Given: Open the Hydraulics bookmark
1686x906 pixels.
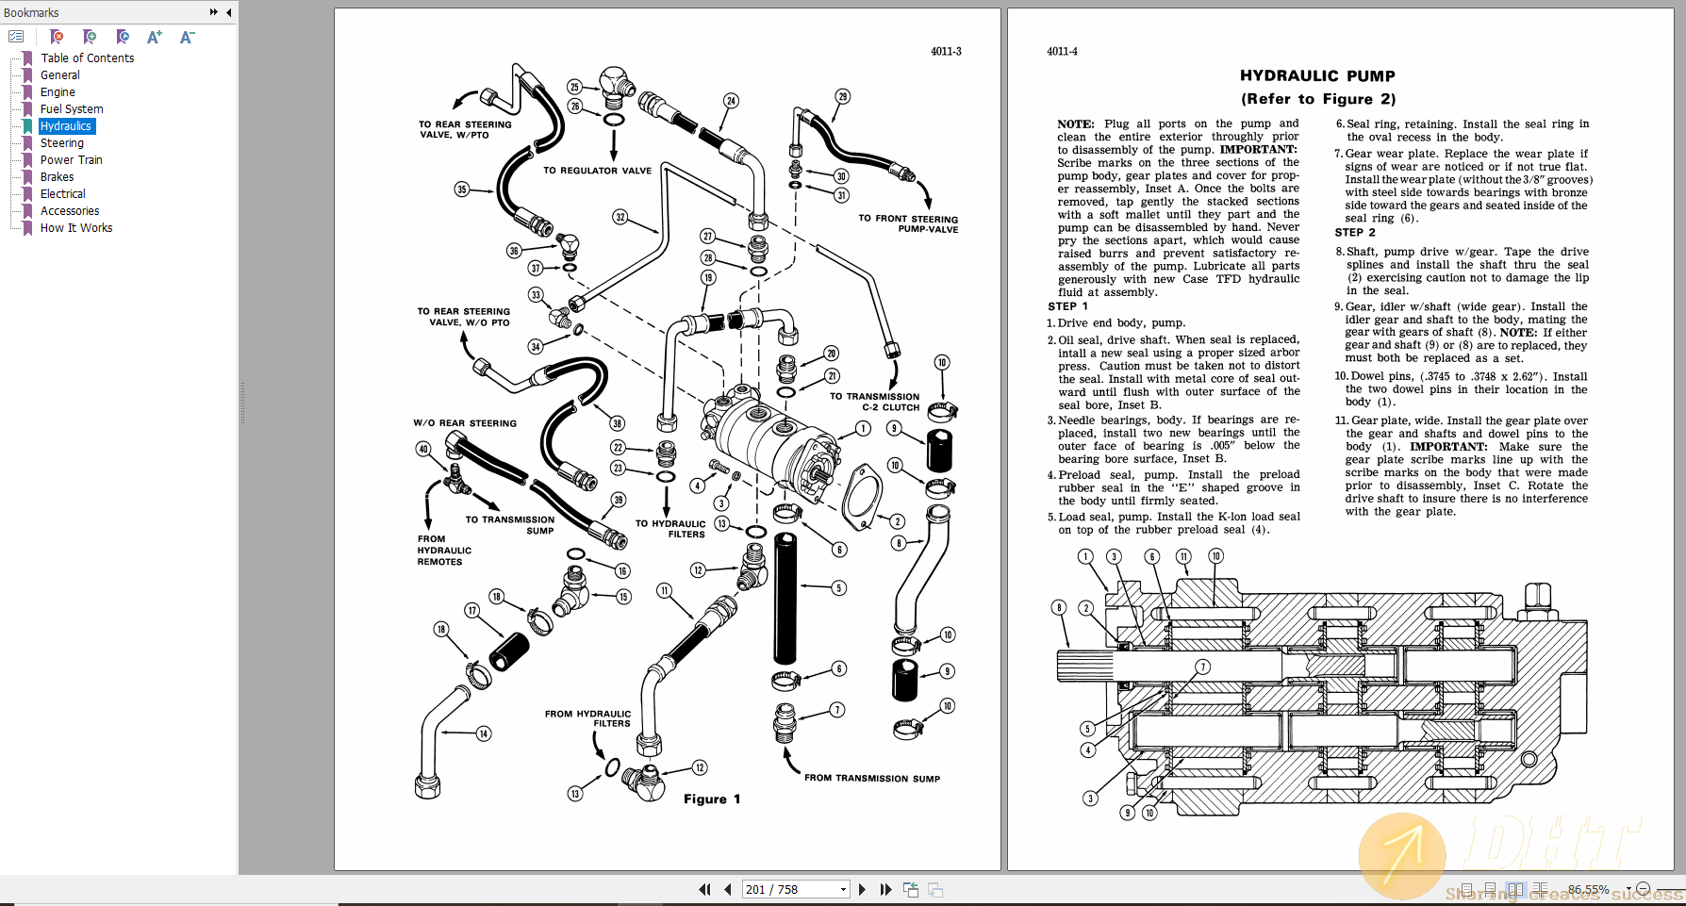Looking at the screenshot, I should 66,126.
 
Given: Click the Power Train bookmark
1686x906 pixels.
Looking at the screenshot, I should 71,160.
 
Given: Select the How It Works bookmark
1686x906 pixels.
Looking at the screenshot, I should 75,228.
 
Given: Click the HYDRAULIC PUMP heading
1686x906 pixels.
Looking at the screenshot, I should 1317,76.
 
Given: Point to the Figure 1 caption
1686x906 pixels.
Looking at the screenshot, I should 712,799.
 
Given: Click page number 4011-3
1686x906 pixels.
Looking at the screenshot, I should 946,52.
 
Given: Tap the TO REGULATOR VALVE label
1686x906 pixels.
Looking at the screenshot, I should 597,171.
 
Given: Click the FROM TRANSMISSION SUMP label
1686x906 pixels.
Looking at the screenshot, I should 871,779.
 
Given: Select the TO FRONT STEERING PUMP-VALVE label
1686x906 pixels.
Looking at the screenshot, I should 908,223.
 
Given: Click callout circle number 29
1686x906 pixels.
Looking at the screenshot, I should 842,96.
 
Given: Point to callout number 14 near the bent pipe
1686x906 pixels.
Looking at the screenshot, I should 484,733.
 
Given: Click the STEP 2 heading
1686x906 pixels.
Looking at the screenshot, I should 1354,233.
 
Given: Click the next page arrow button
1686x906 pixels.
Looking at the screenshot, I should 862,889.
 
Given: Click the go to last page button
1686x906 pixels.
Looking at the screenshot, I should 885,889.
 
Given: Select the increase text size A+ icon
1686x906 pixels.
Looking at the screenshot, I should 155,37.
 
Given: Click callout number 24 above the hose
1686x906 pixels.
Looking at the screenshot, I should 731,101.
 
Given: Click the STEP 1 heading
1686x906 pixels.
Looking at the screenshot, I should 1067,306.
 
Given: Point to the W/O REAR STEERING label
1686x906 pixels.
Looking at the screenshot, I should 465,423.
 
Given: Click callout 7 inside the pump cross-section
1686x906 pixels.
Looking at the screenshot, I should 1202,667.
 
